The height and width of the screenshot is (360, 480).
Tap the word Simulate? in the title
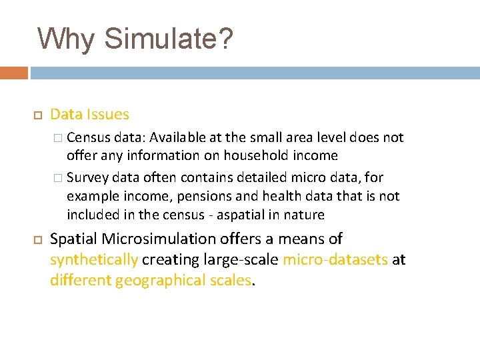[x=169, y=39]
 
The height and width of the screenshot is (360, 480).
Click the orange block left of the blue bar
[x=14, y=73]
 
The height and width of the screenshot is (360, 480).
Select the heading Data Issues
[x=89, y=115]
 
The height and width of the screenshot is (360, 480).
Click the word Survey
[x=87, y=178]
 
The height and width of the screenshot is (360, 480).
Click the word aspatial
[x=249, y=215]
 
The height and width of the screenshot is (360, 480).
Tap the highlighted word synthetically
[x=94, y=259]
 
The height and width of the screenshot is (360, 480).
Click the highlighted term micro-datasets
[x=335, y=259]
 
